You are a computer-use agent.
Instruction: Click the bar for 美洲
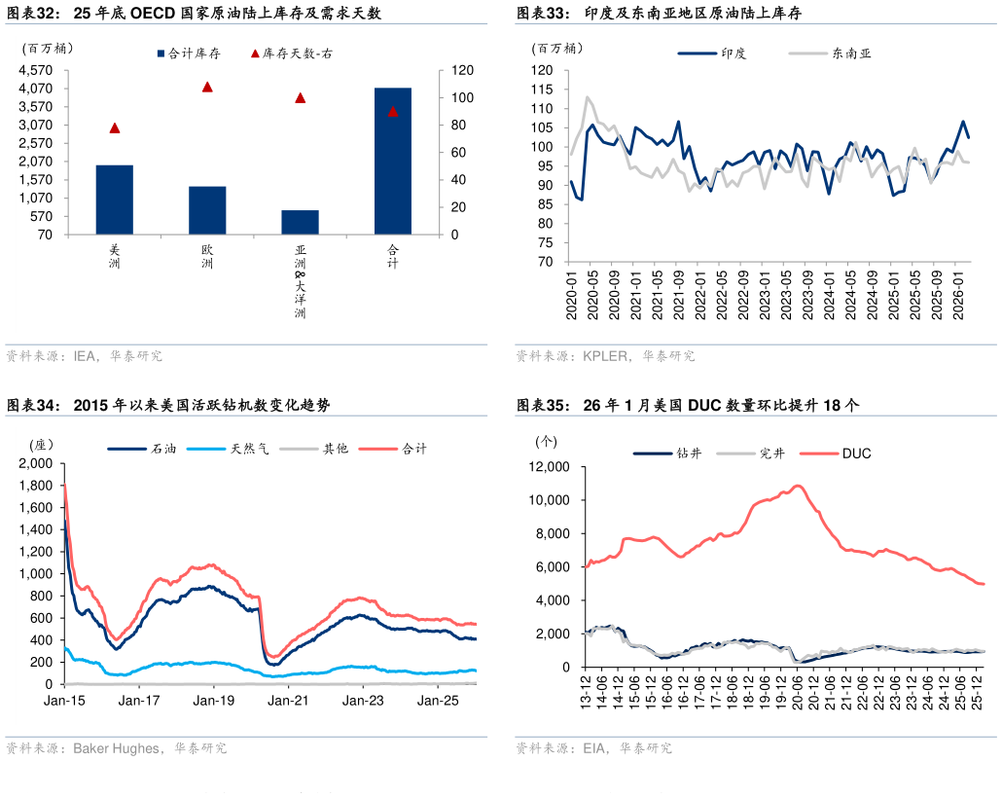point(115,199)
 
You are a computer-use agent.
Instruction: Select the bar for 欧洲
point(207,210)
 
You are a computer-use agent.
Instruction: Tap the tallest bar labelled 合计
point(393,161)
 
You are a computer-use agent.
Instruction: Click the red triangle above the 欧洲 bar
point(207,87)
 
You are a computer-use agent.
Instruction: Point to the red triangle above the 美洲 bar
point(115,127)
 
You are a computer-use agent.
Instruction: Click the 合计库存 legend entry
point(194,54)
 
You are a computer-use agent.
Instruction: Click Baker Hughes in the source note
point(116,748)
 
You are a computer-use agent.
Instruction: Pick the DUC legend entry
point(856,453)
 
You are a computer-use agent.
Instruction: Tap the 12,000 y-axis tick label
point(549,467)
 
